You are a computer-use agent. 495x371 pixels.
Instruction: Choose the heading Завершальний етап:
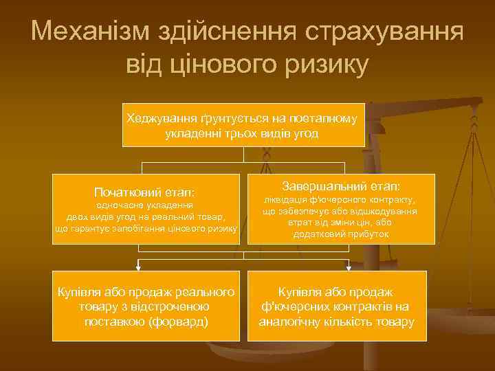click(341, 186)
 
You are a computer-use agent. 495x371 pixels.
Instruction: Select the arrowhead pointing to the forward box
click(138, 265)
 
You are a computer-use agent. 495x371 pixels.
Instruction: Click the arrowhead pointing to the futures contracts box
click(349, 265)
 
